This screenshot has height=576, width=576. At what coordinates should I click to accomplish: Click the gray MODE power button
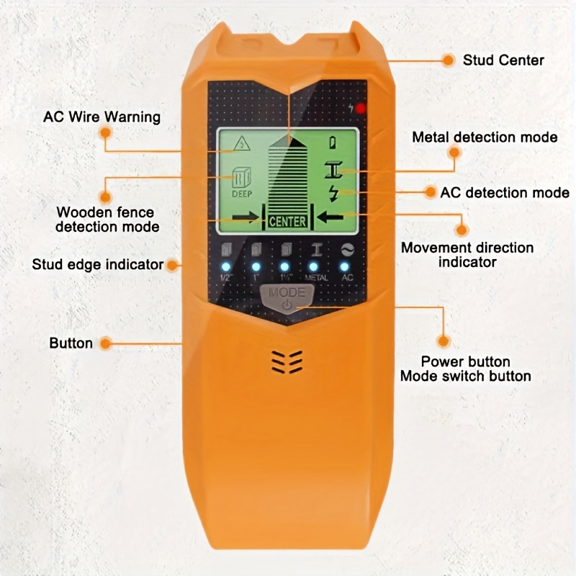pyautogui.click(x=287, y=298)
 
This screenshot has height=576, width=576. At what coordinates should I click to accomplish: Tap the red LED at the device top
pyautogui.click(x=361, y=109)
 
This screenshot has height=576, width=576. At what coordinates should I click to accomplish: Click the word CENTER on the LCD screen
pyautogui.click(x=287, y=222)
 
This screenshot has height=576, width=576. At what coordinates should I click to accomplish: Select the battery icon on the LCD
pyautogui.click(x=333, y=142)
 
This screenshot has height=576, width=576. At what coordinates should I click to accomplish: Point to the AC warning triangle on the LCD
pyautogui.click(x=242, y=143)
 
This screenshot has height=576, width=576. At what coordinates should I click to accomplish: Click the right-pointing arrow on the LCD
pyautogui.click(x=246, y=217)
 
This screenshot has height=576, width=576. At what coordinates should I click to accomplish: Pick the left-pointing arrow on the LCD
pyautogui.click(x=330, y=217)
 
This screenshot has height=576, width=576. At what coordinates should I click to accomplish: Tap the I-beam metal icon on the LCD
pyautogui.click(x=333, y=170)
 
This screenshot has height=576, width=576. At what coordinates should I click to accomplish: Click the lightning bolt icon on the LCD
pyautogui.click(x=333, y=193)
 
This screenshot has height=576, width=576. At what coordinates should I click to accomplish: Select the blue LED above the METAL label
pyautogui.click(x=313, y=266)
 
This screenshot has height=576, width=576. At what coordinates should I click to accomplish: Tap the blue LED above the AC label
pyautogui.click(x=345, y=266)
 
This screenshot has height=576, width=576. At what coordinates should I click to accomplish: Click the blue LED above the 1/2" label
pyautogui.click(x=226, y=266)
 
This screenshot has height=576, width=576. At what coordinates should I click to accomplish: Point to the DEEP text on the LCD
pyautogui.click(x=242, y=194)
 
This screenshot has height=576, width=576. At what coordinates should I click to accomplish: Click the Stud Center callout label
pyautogui.click(x=503, y=60)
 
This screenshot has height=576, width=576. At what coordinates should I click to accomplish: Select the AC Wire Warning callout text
pyautogui.click(x=102, y=117)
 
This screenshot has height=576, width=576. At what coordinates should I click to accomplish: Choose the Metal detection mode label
pyautogui.click(x=485, y=138)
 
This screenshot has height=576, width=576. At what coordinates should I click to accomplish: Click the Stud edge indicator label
pyautogui.click(x=98, y=264)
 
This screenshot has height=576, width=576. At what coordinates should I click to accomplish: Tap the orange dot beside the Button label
pyautogui.click(x=106, y=343)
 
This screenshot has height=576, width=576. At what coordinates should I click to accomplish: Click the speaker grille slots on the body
pyautogui.click(x=287, y=362)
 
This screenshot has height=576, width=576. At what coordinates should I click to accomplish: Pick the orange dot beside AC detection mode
pyautogui.click(x=430, y=192)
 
